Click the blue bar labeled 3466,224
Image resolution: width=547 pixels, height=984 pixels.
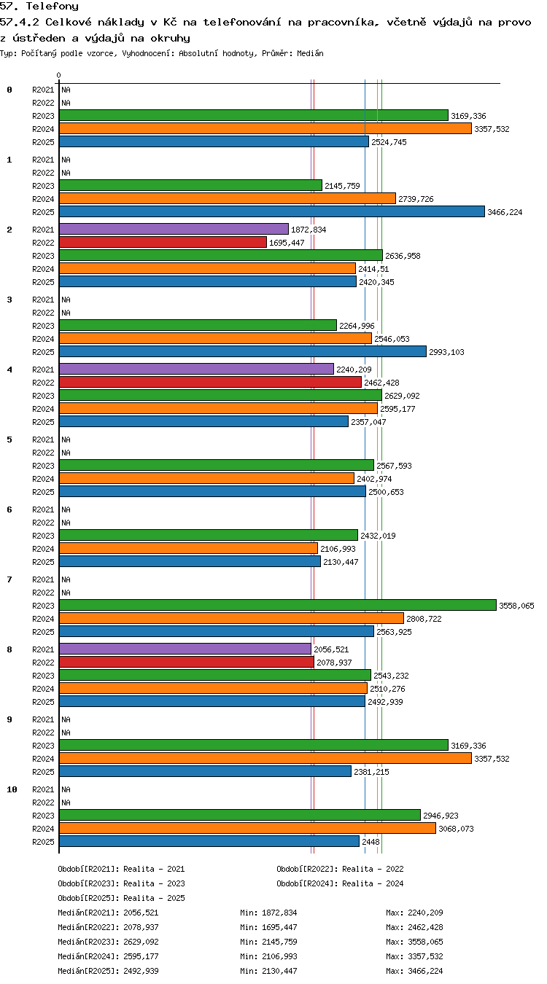click(x=272, y=211)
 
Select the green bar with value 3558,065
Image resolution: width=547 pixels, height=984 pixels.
click(x=277, y=605)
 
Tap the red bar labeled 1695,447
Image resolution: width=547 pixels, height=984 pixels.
click(x=163, y=242)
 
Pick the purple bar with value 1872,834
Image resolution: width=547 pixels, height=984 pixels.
click(x=174, y=229)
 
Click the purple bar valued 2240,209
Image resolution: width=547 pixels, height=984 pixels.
click(x=196, y=369)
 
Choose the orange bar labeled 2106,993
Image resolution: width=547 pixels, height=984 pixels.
click(x=188, y=548)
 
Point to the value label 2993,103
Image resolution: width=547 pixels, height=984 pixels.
click(x=446, y=352)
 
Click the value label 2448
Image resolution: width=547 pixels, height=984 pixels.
click(x=371, y=842)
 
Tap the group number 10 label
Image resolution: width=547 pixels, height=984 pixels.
click(x=12, y=789)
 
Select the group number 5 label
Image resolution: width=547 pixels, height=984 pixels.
click(x=9, y=440)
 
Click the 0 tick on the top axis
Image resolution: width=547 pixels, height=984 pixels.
click(x=58, y=76)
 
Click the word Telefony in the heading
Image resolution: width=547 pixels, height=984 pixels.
click(x=52, y=6)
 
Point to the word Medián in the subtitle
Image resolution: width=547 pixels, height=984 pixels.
click(x=310, y=54)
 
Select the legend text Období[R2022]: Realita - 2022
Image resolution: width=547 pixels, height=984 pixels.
click(x=340, y=869)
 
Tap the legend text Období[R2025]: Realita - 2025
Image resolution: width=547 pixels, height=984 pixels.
click(x=121, y=898)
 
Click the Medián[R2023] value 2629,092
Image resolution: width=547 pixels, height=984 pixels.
click(x=141, y=942)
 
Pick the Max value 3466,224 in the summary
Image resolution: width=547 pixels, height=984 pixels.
click(x=425, y=971)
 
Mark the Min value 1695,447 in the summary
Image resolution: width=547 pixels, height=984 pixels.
click(x=279, y=927)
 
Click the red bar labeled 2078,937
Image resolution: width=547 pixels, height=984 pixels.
click(x=187, y=662)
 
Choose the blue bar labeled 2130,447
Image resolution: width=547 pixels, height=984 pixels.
click(x=190, y=561)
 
